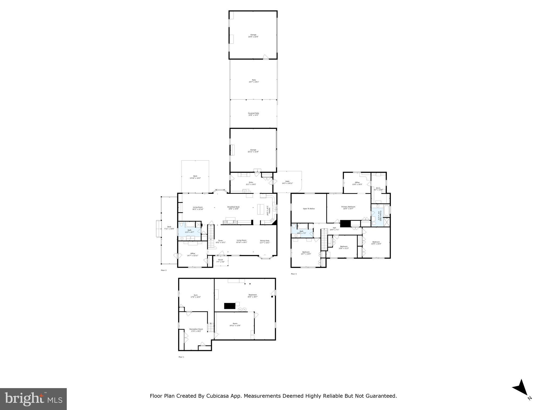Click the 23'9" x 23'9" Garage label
coord(253,36)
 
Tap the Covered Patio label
coord(253,114)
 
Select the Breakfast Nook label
coord(233,208)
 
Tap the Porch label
coord(220,261)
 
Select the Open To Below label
coord(308,209)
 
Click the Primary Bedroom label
coord(348,208)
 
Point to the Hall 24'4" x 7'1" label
coord(334,228)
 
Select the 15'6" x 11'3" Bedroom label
coord(343,247)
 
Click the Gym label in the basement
coord(196,296)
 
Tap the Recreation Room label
coord(196,330)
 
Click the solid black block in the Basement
coord(229,306)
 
